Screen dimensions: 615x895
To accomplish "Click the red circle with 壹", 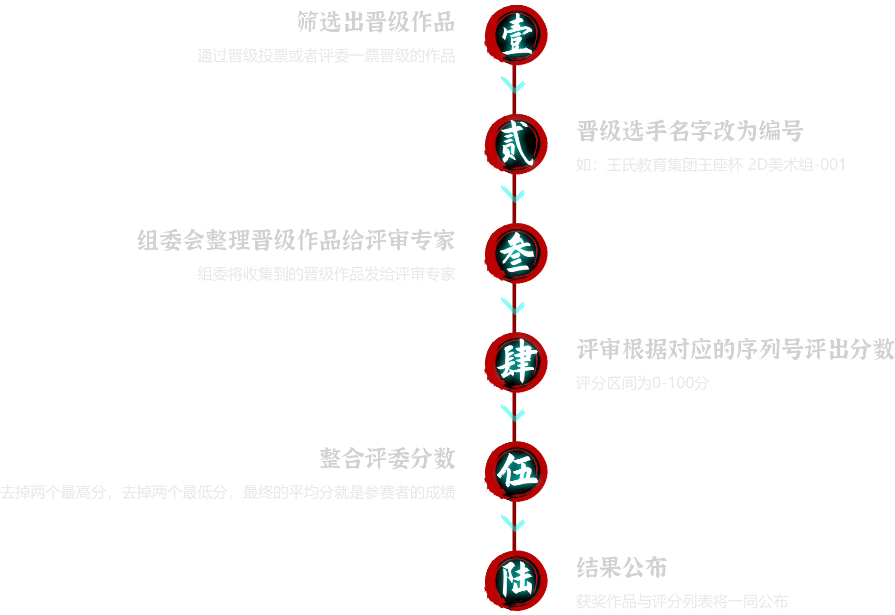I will (x=516, y=35).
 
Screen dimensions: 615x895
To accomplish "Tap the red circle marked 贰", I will (x=516, y=143).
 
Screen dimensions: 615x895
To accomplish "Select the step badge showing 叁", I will (x=516, y=253).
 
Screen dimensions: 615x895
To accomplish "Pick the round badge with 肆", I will (x=516, y=362).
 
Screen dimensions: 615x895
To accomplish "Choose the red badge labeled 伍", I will (x=516, y=471).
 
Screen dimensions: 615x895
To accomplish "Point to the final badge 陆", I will (x=516, y=580).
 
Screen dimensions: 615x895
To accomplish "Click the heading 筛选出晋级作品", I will (x=376, y=22).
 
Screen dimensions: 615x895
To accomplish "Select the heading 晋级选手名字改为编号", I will (x=690, y=131).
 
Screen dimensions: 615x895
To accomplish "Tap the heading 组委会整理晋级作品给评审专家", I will (x=296, y=240).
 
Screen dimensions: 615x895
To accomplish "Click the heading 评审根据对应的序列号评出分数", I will (x=735, y=349).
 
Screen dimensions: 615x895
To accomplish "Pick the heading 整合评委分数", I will (x=387, y=458).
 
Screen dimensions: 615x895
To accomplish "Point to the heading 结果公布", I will (x=622, y=568).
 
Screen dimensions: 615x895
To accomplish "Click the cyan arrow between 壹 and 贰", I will (x=513, y=85).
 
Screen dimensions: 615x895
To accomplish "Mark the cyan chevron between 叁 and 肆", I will (x=513, y=306).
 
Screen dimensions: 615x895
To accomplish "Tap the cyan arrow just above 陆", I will (x=513, y=523).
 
